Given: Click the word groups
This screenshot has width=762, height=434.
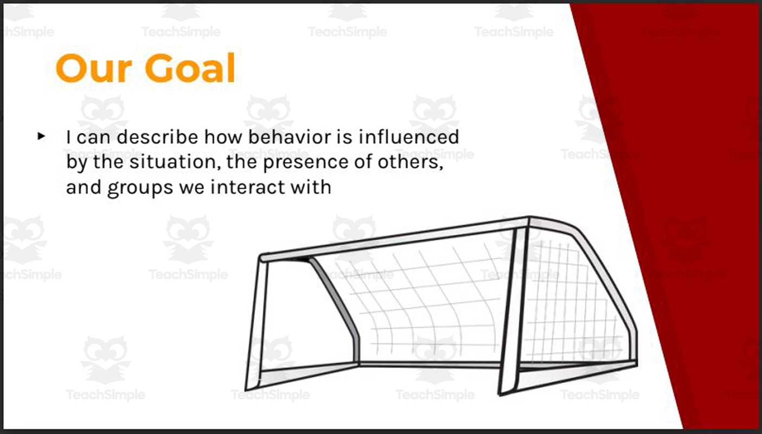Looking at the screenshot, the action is (x=135, y=188).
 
